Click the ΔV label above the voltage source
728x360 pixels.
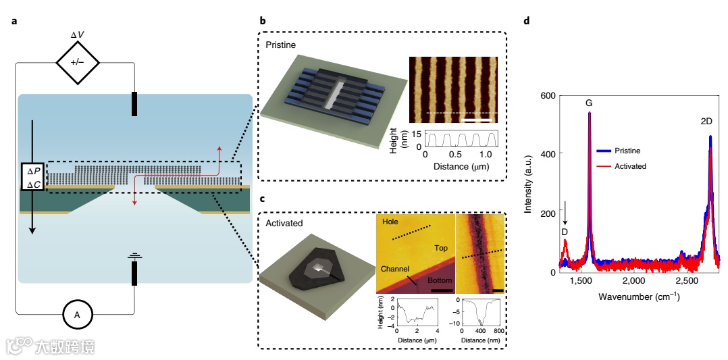[x=78, y=35]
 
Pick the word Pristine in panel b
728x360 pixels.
[x=280, y=45]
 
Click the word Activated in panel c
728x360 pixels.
[x=283, y=223]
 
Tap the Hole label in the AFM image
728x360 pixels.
[x=390, y=222]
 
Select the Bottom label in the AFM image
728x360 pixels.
[x=439, y=280]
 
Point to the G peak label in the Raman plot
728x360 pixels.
[x=589, y=103]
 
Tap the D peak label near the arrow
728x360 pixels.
[x=565, y=232]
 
